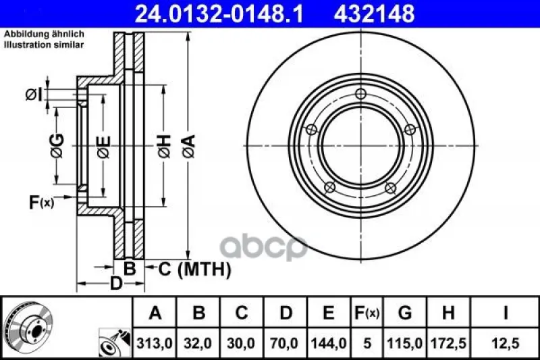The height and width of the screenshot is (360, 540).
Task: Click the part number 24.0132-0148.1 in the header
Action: pos(219,14)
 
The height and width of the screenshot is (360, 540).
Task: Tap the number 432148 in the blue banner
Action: pos(374,14)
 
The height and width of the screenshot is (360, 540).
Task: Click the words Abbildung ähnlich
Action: pos(44,34)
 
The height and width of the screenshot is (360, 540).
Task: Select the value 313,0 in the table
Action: pos(155,343)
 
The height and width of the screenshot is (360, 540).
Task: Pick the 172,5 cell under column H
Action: pos(448,343)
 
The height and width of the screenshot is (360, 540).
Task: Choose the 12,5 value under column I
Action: pos(505,343)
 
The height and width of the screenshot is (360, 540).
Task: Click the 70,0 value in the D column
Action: pos(284,343)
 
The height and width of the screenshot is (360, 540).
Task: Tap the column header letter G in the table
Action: pos(404,313)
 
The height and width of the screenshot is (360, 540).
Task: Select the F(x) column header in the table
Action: pos(367,313)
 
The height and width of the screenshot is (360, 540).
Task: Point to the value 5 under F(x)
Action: pos(367,343)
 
